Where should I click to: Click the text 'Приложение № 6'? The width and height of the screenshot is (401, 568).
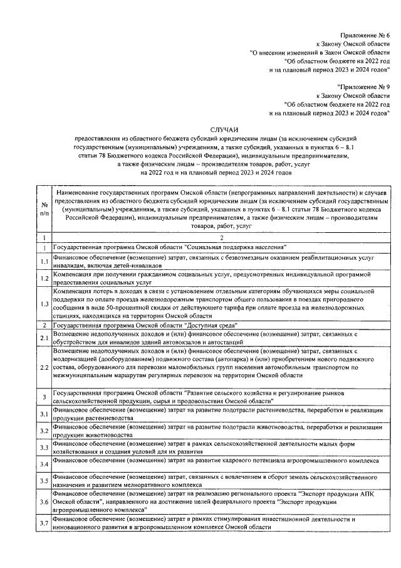pyautogui.click(x=365, y=36)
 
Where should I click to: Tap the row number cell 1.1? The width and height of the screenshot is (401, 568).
pyautogui.click(x=44, y=261)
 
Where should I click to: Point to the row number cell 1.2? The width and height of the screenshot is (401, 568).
pyautogui.click(x=44, y=279)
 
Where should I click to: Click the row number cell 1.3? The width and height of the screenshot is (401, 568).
pyautogui.click(x=44, y=304)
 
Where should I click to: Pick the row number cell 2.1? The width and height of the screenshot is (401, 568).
pyautogui.click(x=44, y=338)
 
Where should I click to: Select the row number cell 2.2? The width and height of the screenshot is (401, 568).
pyautogui.click(x=44, y=366)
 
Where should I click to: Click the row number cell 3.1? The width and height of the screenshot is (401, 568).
pyautogui.click(x=44, y=414)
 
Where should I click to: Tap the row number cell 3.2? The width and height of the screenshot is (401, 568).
pyautogui.click(x=44, y=431)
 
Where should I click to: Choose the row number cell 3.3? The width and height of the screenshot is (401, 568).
pyautogui.click(x=44, y=447)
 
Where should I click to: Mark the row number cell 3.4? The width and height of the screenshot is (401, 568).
pyautogui.click(x=44, y=464)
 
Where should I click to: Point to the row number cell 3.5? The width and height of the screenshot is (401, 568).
pyautogui.click(x=44, y=481)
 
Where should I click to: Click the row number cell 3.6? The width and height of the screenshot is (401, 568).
pyautogui.click(x=44, y=503)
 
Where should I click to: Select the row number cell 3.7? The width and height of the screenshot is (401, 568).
pyautogui.click(x=44, y=523)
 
